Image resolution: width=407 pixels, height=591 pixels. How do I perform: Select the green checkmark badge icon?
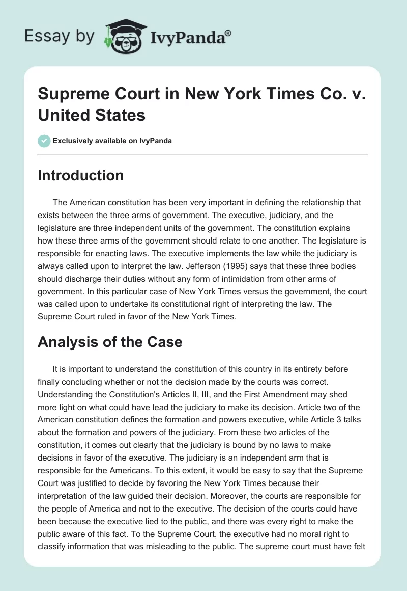click(x=44, y=141)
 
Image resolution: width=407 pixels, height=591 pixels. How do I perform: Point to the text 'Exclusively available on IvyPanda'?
click(x=112, y=141)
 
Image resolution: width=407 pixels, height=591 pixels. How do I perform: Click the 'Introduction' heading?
click(x=81, y=175)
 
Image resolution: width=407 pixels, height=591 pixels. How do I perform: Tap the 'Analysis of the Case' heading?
click(x=110, y=341)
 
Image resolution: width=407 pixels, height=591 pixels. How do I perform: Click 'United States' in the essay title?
click(x=92, y=115)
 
